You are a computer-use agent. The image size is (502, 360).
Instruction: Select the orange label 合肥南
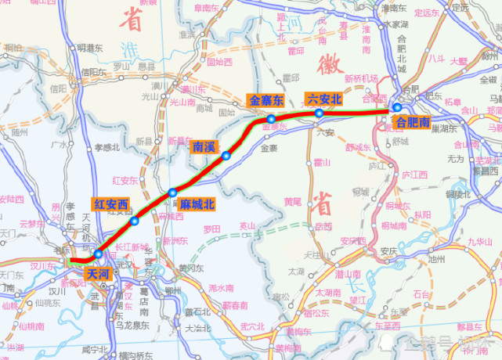413,122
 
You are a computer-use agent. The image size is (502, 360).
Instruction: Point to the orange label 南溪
204,146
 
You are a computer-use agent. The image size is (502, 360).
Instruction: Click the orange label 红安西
110,204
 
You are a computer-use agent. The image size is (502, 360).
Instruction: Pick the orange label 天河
99,274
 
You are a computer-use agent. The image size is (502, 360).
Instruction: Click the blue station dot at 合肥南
398,108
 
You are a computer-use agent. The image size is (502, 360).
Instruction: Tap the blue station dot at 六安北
319,113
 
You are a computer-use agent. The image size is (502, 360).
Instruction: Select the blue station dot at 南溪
226,156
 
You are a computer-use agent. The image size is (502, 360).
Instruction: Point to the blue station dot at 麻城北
172,192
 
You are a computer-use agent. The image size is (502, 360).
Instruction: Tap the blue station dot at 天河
98,254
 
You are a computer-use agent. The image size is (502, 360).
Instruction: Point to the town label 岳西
323,226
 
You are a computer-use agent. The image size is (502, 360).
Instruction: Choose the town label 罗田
212,230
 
